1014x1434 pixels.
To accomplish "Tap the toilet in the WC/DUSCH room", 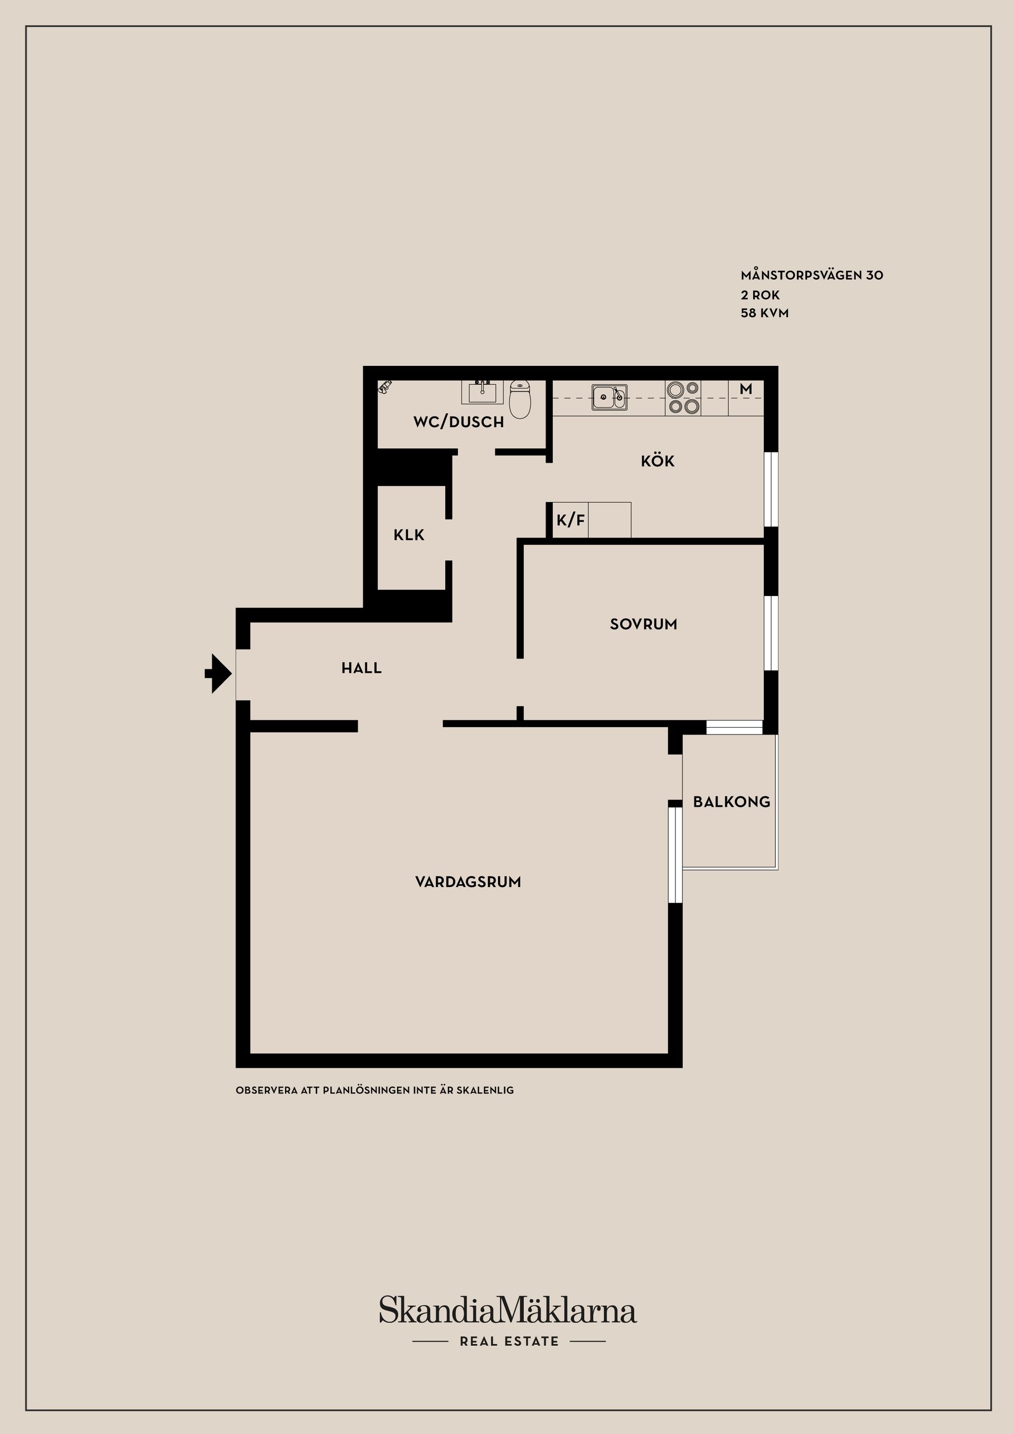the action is pos(520,399).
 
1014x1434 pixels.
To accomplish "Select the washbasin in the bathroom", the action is pos(482,392).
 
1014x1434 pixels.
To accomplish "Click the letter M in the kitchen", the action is pos(746,389).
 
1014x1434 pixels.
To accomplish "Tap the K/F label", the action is pos(571,520).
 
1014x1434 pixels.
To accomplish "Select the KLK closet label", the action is pos(409,535).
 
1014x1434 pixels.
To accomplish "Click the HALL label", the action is pos(361,668).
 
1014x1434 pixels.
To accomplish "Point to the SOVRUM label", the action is pos(643,624).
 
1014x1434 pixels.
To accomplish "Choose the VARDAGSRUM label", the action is pos(468,882).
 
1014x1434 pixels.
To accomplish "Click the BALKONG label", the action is pos(731,802).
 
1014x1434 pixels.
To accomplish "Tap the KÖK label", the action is pos(658,461).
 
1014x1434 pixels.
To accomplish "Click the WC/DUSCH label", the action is pos(458,422).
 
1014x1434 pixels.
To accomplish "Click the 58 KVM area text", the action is pos(765,313).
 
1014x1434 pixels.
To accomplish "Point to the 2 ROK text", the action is pos(760,295).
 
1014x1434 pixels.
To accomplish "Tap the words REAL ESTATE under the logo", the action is pos(509,1341).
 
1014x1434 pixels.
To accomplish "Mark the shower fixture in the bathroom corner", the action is pos(385,386).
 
